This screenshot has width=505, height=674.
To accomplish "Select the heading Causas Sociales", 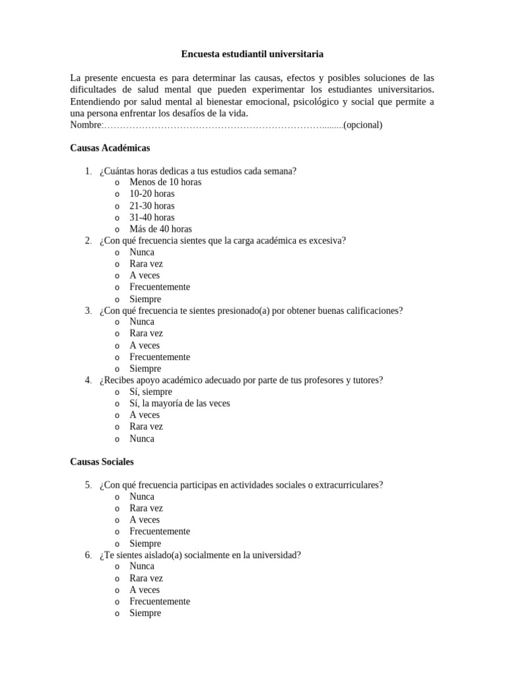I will pyautogui.click(x=102, y=462).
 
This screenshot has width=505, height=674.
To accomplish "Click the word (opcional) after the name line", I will pyautogui.click(x=363, y=125).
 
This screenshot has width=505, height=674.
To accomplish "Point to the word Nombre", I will pyautogui.click(x=86, y=125).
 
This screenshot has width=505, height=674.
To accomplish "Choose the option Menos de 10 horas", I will pyautogui.click(x=165, y=182).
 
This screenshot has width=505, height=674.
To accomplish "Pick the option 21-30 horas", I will pyautogui.click(x=152, y=206).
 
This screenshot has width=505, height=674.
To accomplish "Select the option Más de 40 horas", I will pyautogui.click(x=160, y=229).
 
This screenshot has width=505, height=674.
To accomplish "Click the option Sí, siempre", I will pyautogui.click(x=151, y=392).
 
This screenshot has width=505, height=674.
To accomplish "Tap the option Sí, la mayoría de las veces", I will pyautogui.click(x=180, y=403).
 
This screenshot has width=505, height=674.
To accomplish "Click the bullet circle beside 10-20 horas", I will pyautogui.click(x=117, y=195).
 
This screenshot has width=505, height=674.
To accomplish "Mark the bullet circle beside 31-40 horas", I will pyautogui.click(x=117, y=218).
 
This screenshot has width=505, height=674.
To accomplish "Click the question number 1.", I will pyautogui.click(x=87, y=171).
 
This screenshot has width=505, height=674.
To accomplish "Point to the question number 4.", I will pyautogui.click(x=87, y=380).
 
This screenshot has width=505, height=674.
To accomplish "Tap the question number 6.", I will pyautogui.click(x=87, y=555).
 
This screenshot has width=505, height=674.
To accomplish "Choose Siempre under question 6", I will pyautogui.click(x=145, y=613).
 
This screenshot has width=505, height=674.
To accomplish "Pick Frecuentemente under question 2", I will pyautogui.click(x=160, y=287).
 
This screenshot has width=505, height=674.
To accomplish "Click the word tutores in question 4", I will pyautogui.click(x=368, y=380).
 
